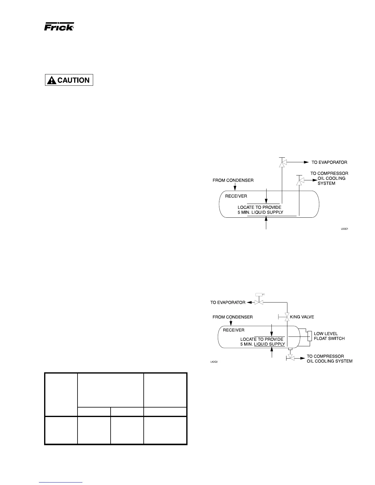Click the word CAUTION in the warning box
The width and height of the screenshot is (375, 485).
click(x=74, y=80)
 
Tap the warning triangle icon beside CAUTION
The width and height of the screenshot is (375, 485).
click(x=51, y=80)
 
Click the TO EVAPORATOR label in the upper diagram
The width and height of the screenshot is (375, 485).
click(x=329, y=162)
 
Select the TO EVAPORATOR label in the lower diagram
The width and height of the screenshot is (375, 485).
click(x=228, y=303)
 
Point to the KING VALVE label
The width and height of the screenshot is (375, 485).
click(x=302, y=317)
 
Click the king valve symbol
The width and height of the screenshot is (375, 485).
click(x=287, y=317)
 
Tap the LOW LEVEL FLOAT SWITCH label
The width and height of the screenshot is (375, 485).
click(x=329, y=336)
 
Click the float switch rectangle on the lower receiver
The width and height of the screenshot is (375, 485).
click(x=309, y=336)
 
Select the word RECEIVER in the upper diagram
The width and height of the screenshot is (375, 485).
click(x=236, y=196)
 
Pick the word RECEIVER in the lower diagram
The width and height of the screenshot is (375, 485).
click(x=233, y=330)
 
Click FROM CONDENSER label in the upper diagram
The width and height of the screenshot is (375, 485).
click(x=233, y=180)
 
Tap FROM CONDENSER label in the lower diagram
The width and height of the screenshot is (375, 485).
click(x=233, y=317)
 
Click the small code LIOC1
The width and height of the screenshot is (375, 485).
click(x=345, y=229)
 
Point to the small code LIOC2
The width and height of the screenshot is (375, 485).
click(x=214, y=362)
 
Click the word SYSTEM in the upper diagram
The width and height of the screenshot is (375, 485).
click(x=326, y=183)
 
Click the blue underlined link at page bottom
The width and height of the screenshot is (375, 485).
click(x=61, y=482)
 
